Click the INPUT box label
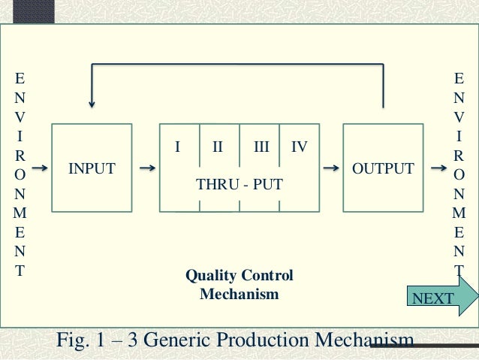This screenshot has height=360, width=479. click(92, 169)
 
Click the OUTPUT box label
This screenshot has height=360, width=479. click(383, 168)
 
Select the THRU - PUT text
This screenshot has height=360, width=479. click(239, 184)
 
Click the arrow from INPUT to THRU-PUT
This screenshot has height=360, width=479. click(148, 168)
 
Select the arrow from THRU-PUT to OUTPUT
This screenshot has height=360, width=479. click(330, 168)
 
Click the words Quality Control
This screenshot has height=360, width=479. click(239, 276)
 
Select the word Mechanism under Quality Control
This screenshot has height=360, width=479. click(239, 294)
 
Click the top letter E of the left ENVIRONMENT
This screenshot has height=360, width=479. click(20, 78)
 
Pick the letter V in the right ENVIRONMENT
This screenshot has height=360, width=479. click(459, 117)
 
